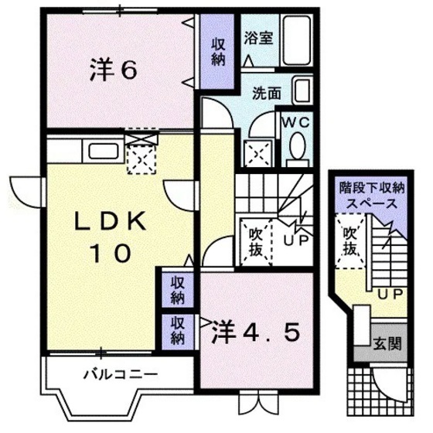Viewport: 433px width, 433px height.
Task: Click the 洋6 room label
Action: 114,70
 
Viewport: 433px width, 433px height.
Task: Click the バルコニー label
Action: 120,375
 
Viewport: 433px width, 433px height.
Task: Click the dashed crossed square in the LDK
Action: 141,159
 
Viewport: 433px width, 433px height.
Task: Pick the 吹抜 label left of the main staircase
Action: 255,240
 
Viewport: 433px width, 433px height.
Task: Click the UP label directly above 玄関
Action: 386,293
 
